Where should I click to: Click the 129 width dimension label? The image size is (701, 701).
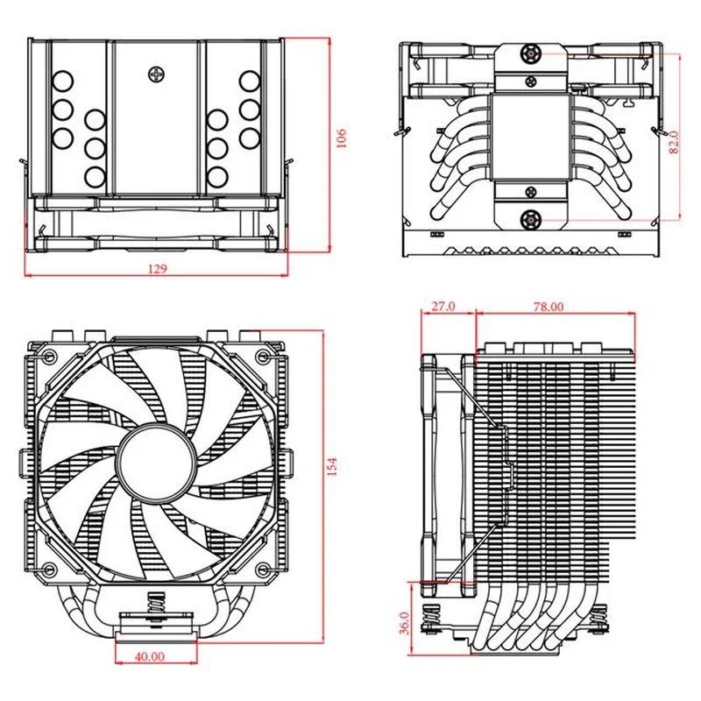[158, 268]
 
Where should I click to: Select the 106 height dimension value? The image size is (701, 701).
[341, 138]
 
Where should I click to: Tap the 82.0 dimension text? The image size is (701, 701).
[673, 142]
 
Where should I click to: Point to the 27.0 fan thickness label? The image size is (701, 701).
[443, 306]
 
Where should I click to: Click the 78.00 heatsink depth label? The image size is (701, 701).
[549, 306]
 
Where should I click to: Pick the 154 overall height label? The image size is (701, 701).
[332, 466]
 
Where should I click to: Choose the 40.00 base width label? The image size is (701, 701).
[149, 656]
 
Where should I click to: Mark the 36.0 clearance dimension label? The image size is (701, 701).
[404, 623]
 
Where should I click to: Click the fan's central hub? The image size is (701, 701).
[157, 462]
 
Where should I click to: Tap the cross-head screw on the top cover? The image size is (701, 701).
[157, 74]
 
